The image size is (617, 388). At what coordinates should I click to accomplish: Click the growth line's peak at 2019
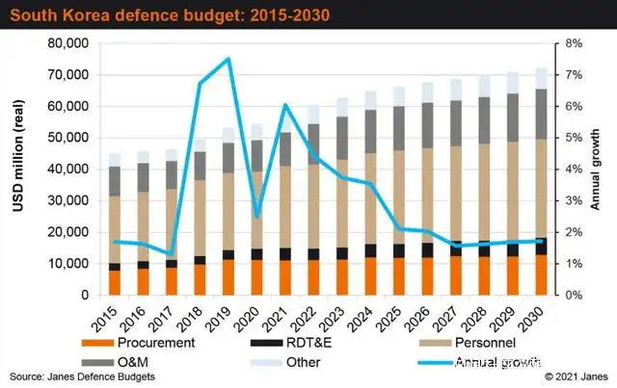click(x=228, y=59)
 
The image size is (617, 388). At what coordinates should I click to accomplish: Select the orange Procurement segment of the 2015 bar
click(x=116, y=283)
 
